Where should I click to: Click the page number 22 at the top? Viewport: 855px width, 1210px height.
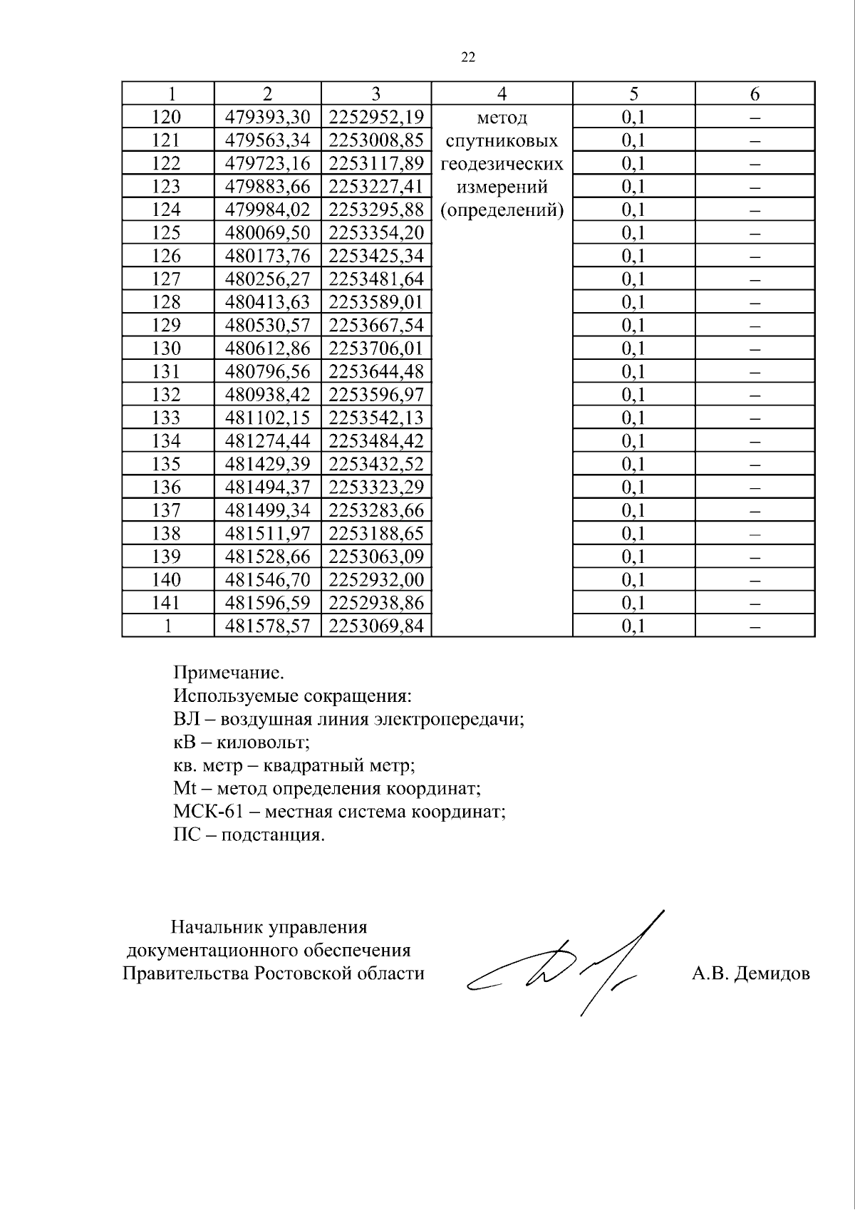coord(468,58)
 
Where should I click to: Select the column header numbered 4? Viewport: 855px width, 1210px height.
coord(502,93)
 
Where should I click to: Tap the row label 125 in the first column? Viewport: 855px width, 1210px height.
coord(167,233)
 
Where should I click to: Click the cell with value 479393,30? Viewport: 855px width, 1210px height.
coord(268,117)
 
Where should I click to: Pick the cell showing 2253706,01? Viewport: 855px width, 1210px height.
coord(376,348)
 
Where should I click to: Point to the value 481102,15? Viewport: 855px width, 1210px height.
coord(268,418)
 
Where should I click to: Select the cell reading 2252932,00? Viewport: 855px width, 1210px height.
coord(376,579)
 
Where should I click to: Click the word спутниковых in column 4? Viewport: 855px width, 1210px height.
coord(502,140)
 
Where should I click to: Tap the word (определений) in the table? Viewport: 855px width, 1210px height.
coord(502,210)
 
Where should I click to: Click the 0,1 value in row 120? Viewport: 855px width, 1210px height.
coord(633,117)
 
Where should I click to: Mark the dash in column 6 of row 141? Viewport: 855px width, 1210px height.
coord(755,603)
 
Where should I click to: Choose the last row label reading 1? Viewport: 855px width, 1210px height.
coord(167,626)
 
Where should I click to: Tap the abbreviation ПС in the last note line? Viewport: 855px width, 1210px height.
coord(187,834)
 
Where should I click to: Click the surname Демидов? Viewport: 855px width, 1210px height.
coord(774,973)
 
